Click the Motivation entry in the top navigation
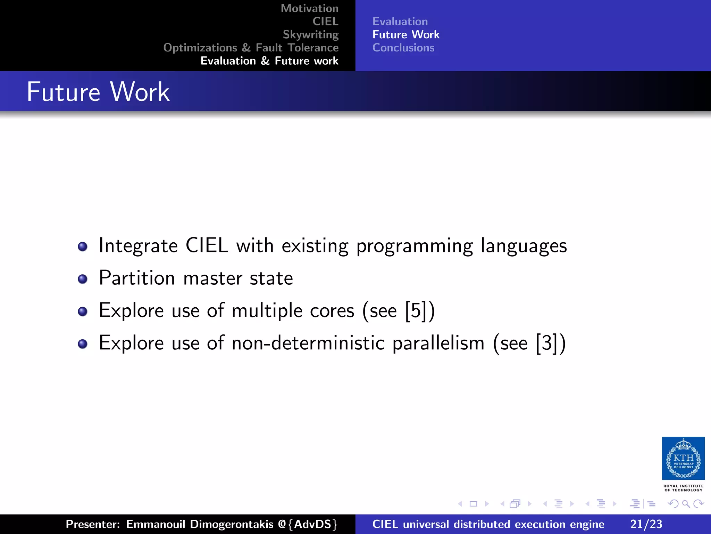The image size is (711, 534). (x=309, y=8)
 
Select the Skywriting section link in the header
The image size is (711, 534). (x=310, y=34)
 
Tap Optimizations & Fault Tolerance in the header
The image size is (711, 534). (x=251, y=48)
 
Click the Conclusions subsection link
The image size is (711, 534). (x=403, y=48)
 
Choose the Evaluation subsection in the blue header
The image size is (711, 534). (x=400, y=22)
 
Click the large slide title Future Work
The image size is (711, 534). (x=98, y=92)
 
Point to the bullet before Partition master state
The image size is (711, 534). (x=83, y=279)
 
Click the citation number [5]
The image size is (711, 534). (x=416, y=310)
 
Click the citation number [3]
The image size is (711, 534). (x=547, y=343)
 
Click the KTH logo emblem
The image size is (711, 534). (x=683, y=458)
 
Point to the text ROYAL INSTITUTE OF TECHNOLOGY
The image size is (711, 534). (x=683, y=488)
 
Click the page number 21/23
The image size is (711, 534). (x=646, y=524)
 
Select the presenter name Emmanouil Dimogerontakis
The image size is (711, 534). (x=200, y=524)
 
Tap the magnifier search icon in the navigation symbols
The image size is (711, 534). (x=686, y=504)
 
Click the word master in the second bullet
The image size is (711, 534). (x=212, y=279)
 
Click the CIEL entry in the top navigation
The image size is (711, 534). (x=325, y=22)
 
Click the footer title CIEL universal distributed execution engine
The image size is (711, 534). (x=488, y=524)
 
